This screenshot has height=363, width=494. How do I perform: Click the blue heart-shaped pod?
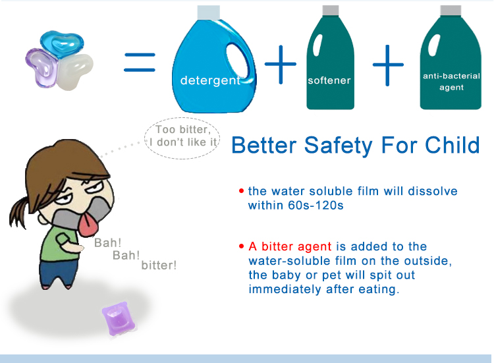point(62,44)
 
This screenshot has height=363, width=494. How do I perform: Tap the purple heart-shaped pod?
point(41,67)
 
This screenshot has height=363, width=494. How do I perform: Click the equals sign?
point(140,63)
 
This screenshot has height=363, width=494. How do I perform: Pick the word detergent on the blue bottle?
point(211,80)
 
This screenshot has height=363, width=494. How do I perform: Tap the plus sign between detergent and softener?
point(281,65)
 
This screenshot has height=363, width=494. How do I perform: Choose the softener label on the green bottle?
point(329,80)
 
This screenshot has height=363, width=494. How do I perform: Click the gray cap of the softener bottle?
point(331,10)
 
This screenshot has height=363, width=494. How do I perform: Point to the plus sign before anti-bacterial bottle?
point(388,65)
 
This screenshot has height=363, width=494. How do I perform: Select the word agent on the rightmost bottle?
point(451,88)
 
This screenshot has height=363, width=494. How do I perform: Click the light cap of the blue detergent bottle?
point(208,13)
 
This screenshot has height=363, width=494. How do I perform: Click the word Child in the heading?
point(453,145)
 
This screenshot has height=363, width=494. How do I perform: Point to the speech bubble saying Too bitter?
point(182,138)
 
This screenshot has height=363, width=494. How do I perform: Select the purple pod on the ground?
point(119,319)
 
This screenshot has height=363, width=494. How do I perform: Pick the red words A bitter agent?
point(290,246)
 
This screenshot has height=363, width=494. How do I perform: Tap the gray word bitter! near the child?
point(159,265)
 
